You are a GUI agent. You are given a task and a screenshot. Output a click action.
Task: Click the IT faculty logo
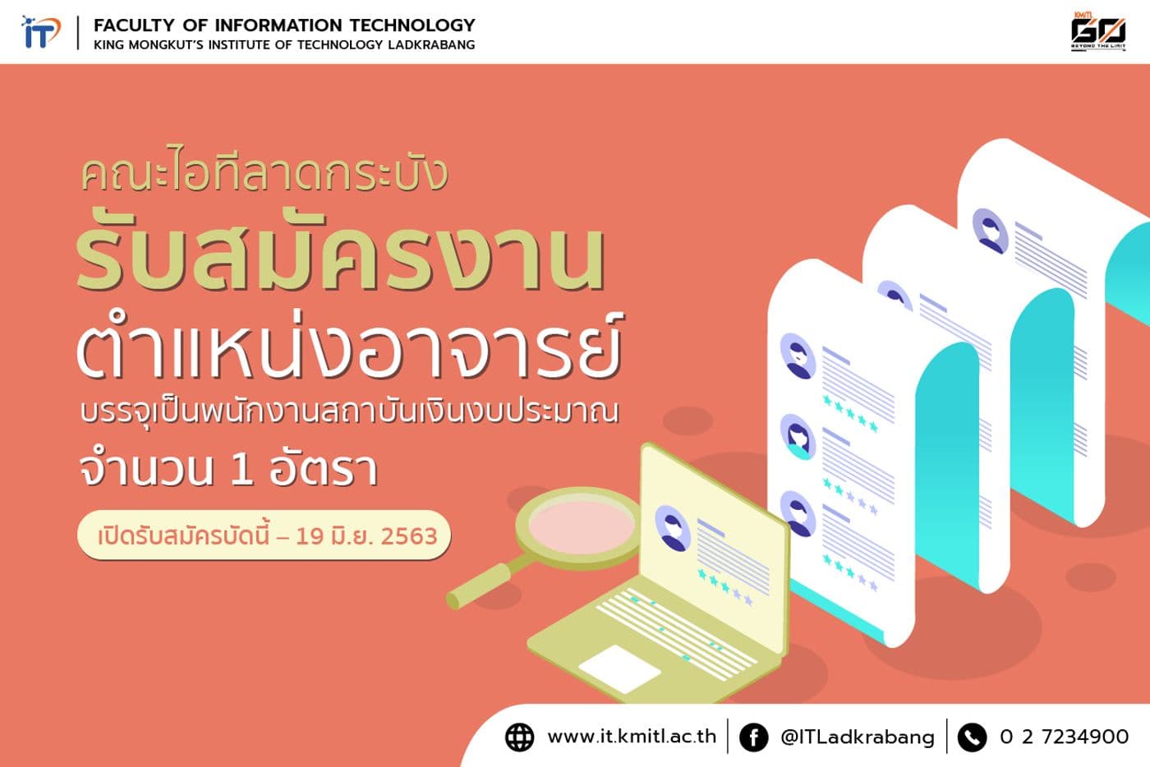[x=40, y=33]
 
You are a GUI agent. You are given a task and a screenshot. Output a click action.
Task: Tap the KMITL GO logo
[x=1097, y=31]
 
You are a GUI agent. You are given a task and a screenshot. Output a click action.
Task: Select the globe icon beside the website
[x=519, y=737]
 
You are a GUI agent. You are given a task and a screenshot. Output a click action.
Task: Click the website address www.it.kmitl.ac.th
[x=632, y=737]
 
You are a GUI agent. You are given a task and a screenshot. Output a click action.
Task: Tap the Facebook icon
[x=753, y=737]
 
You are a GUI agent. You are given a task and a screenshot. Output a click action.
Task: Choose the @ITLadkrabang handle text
[x=857, y=737]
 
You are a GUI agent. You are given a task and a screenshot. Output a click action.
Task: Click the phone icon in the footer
[x=972, y=737]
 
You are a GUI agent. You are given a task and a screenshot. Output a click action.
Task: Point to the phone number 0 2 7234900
[x=1064, y=737]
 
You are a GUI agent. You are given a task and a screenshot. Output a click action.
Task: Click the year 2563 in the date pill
[x=409, y=536]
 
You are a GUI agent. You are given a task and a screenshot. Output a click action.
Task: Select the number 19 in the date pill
[x=310, y=536]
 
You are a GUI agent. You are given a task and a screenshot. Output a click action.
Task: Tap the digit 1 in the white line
[x=241, y=470]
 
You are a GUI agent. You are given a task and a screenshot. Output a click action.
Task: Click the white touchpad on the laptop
[x=619, y=668]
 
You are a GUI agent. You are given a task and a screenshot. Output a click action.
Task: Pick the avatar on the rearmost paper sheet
[x=990, y=231]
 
